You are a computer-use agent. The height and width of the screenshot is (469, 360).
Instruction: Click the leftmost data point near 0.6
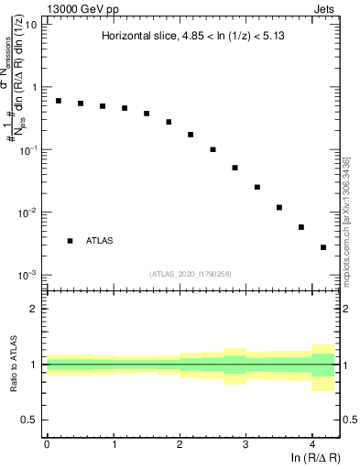[x=59, y=101]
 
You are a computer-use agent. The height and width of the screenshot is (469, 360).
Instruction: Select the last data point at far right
[x=323, y=247]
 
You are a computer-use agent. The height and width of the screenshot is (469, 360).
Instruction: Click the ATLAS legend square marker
[x=70, y=241]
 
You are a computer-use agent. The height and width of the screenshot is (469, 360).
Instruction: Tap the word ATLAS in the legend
[x=101, y=241]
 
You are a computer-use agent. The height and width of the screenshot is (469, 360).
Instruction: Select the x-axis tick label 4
[x=311, y=442]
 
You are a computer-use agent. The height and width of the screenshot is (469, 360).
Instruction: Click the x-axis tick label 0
[x=47, y=442]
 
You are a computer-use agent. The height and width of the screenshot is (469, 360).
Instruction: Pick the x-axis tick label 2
[x=180, y=442]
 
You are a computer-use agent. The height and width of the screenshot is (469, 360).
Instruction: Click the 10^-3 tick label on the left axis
[x=28, y=275]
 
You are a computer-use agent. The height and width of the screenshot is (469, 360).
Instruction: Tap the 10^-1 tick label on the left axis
[x=28, y=149]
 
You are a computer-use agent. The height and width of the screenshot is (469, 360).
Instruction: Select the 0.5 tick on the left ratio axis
[x=31, y=420]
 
